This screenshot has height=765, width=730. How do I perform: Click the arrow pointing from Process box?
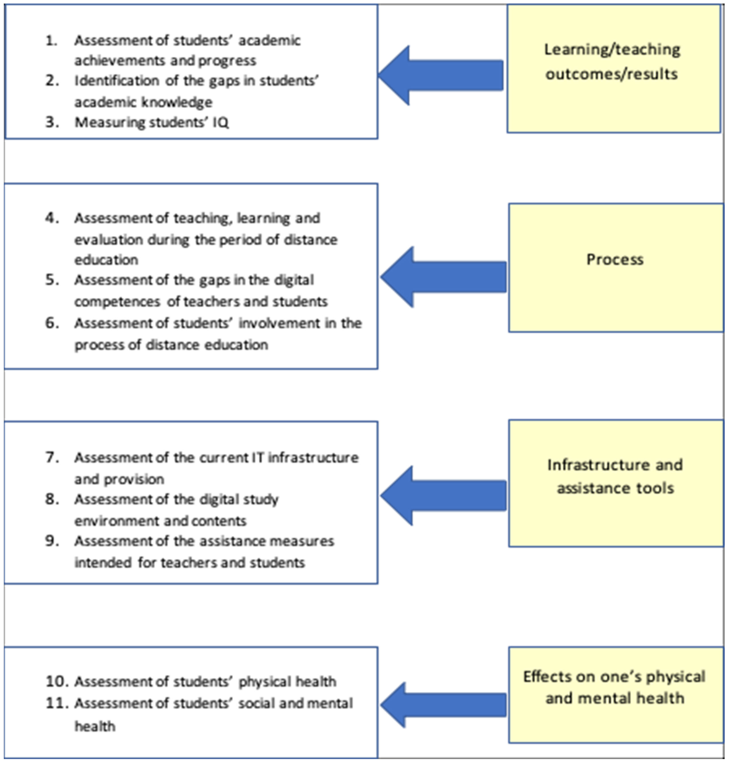pos(444,277)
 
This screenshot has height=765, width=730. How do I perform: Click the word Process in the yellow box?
pos(615,259)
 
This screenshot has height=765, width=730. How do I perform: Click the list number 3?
pos(52,122)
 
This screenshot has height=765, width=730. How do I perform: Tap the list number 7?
pos(52,457)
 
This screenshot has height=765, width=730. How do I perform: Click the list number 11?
pos(57,703)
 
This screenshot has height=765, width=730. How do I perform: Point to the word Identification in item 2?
pos(117,81)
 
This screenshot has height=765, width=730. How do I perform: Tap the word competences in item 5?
pos(117,302)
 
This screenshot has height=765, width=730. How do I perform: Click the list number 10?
pos(57,681)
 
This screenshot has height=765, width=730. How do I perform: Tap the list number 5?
pos(52,280)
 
